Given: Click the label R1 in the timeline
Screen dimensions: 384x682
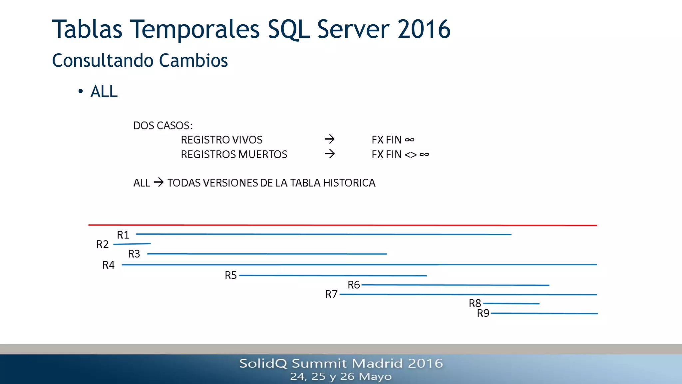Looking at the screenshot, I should point(123,235).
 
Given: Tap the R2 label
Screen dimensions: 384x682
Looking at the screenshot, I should point(103,244).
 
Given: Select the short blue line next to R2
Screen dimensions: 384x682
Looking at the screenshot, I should point(132,244).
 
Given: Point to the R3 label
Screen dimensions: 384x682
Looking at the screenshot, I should point(134,254).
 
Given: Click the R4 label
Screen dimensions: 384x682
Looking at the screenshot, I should point(108,265).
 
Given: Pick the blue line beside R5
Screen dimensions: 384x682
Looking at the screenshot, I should point(333,276).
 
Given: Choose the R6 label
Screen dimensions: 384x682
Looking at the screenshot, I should point(354,285).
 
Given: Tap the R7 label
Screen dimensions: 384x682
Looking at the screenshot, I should point(331,294).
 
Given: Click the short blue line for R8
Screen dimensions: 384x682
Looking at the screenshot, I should point(511,303).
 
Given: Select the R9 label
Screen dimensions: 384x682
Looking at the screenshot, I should point(483,313).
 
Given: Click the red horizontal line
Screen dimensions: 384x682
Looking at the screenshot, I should point(342,225).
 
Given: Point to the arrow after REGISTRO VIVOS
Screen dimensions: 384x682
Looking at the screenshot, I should point(330,139).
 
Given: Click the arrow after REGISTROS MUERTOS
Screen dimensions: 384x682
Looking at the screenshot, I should point(330,154).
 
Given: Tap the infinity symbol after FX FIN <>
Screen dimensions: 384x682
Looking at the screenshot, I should point(424,154).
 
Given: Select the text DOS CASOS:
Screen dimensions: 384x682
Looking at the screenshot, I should point(163,126).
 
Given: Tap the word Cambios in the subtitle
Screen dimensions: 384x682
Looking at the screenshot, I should point(193,61).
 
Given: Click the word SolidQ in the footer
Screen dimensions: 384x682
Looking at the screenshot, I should point(263,363).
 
